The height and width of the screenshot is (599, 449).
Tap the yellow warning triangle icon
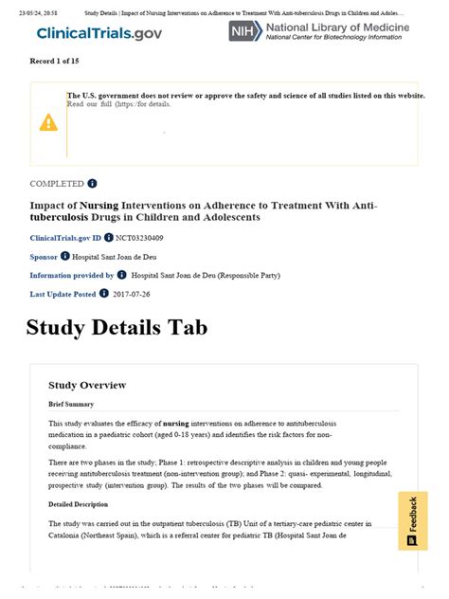48,122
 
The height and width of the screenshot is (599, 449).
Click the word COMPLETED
57,183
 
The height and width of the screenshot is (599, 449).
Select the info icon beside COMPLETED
93,183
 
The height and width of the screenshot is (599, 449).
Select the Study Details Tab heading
117,328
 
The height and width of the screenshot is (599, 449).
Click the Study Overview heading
87,385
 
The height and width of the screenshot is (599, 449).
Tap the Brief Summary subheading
71,405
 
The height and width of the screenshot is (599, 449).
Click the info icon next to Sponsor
65,256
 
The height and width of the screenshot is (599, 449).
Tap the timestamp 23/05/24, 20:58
30,13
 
